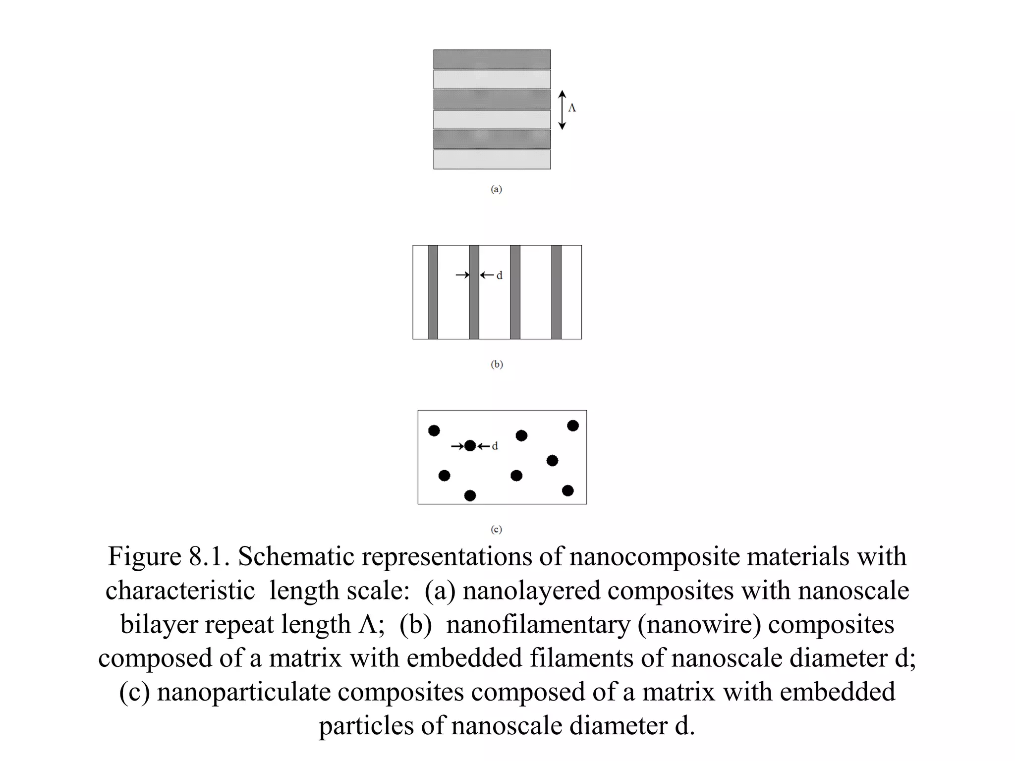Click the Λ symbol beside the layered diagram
tap(572, 108)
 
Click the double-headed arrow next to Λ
tap(562, 110)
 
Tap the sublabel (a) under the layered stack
tap(496, 189)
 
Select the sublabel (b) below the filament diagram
tap(497, 364)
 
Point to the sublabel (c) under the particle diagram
tap(496, 529)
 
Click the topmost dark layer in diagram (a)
tap(492, 59)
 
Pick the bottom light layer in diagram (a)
tap(492, 160)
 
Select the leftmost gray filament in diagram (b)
tap(433, 292)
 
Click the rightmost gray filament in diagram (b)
tap(556, 292)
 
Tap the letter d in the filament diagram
tap(500, 275)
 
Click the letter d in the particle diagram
tap(495, 446)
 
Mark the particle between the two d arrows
tap(470, 446)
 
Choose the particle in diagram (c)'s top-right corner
tap(573, 426)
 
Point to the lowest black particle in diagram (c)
tap(470, 495)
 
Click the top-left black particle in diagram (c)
tap(434, 431)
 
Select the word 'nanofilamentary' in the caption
tap(538, 624)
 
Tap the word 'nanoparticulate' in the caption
tap(243, 692)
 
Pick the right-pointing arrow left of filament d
tap(462, 275)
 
